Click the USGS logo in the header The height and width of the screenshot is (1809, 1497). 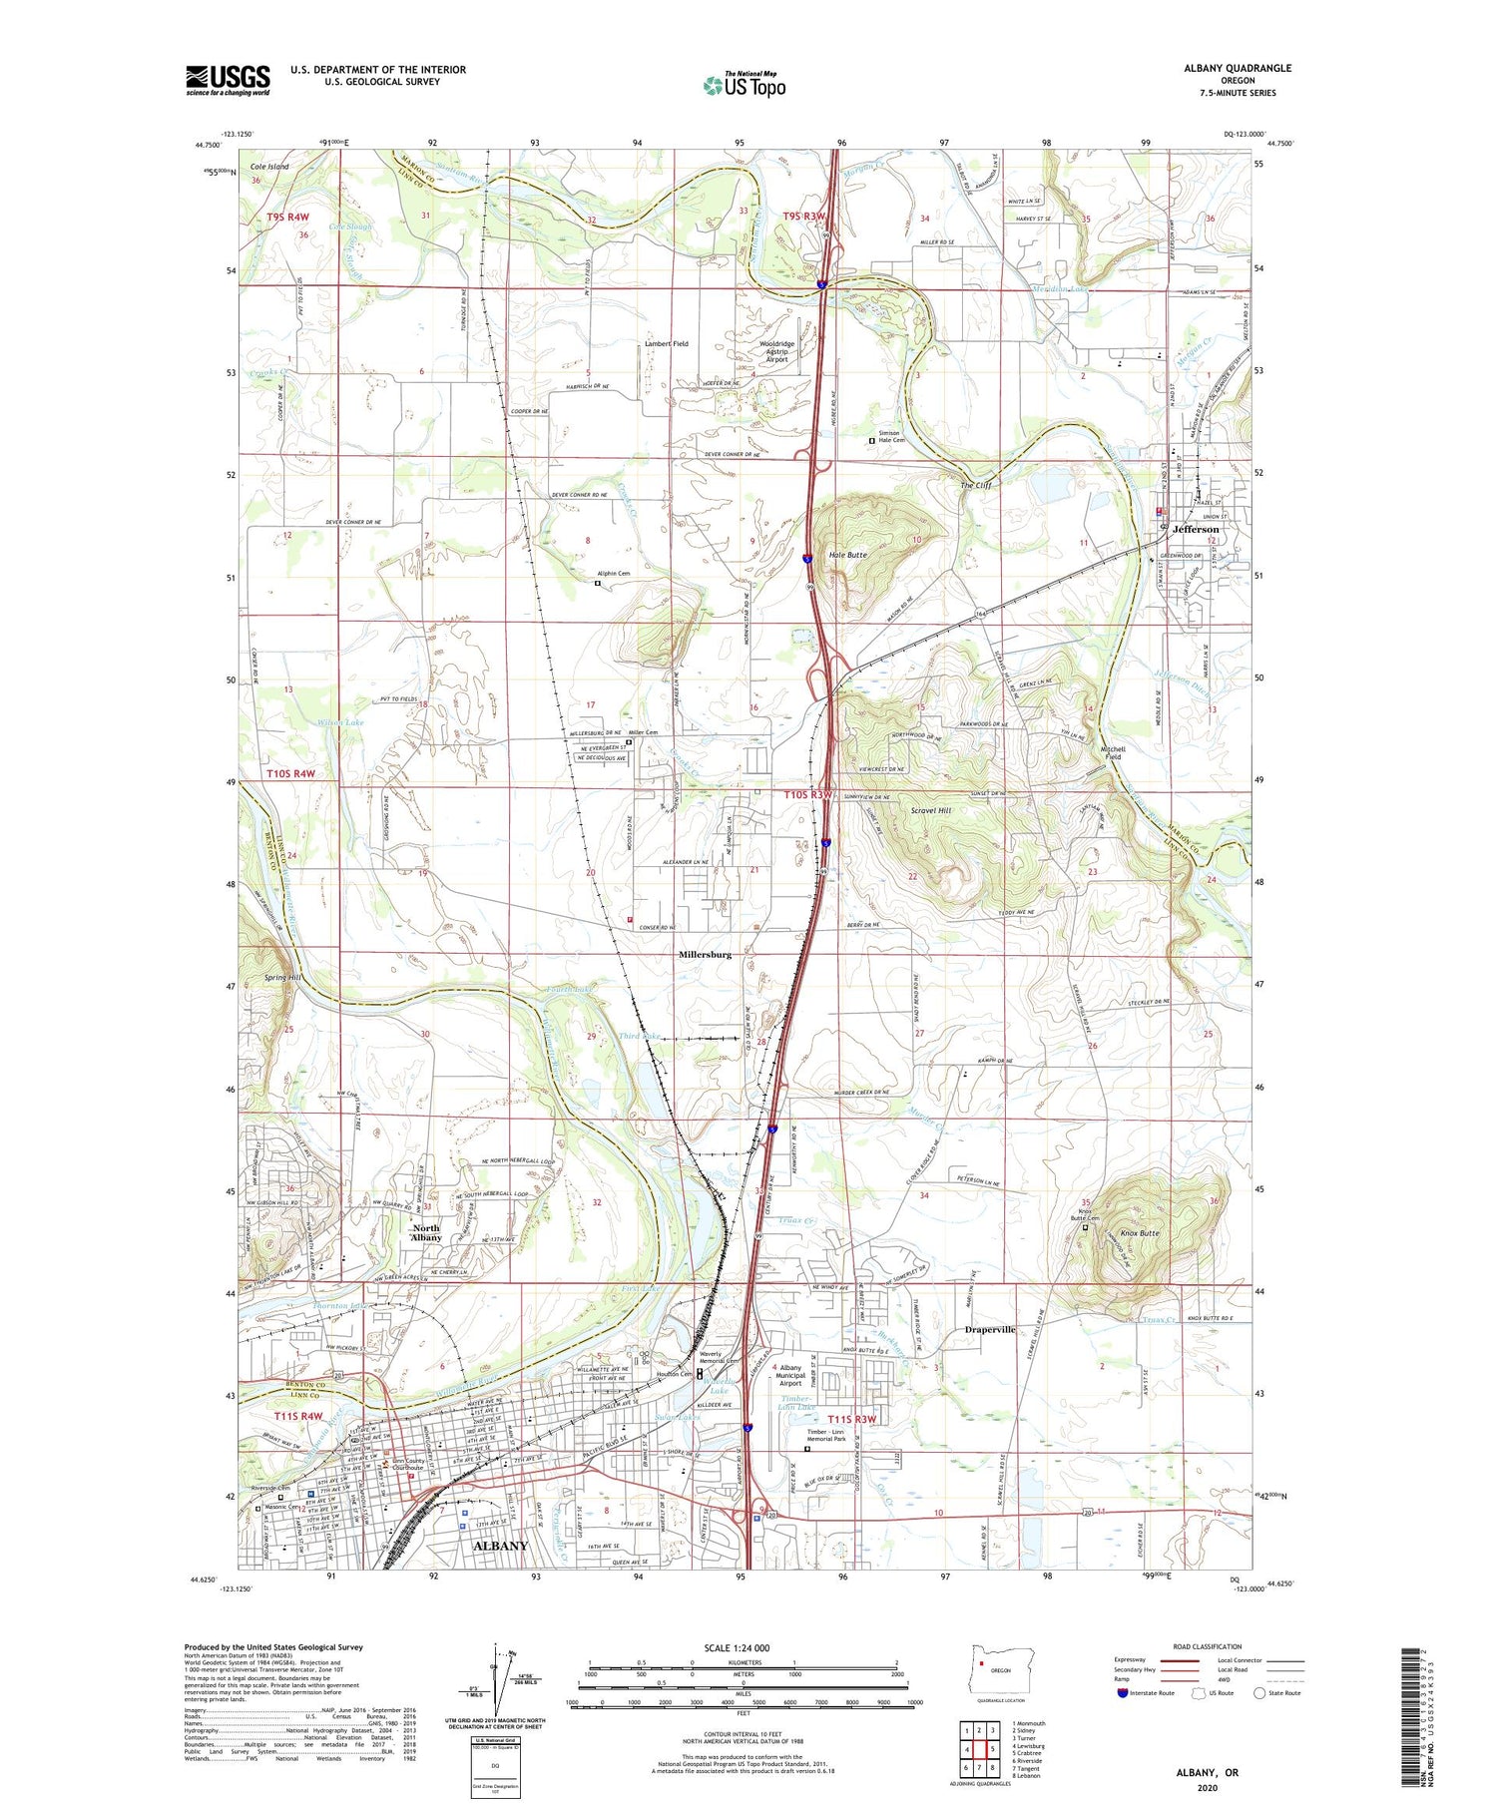pyautogui.click(x=228, y=80)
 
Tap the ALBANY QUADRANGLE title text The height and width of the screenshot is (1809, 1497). pyautogui.click(x=1238, y=68)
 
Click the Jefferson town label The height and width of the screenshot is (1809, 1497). pyautogui.click(x=1196, y=530)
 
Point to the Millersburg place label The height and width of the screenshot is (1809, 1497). pyautogui.click(x=705, y=955)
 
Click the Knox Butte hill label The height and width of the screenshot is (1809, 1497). pyautogui.click(x=1140, y=1234)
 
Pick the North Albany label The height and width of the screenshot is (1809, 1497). pyautogui.click(x=426, y=1233)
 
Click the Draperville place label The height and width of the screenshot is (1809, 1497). pyautogui.click(x=990, y=1330)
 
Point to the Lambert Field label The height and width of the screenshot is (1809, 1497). pyautogui.click(x=668, y=344)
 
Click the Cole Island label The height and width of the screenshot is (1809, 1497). pyautogui.click(x=269, y=167)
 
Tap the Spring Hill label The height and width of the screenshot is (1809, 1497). pyautogui.click(x=281, y=978)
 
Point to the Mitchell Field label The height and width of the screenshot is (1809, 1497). pyautogui.click(x=1112, y=752)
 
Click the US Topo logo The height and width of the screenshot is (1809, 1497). pyautogui.click(x=744, y=85)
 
